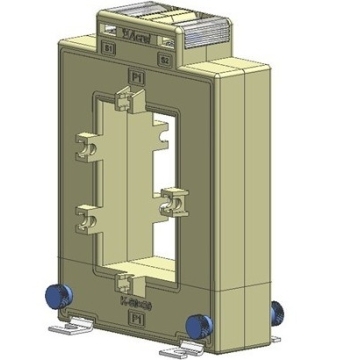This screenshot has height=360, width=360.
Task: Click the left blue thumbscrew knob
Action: click(x=54, y=296)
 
